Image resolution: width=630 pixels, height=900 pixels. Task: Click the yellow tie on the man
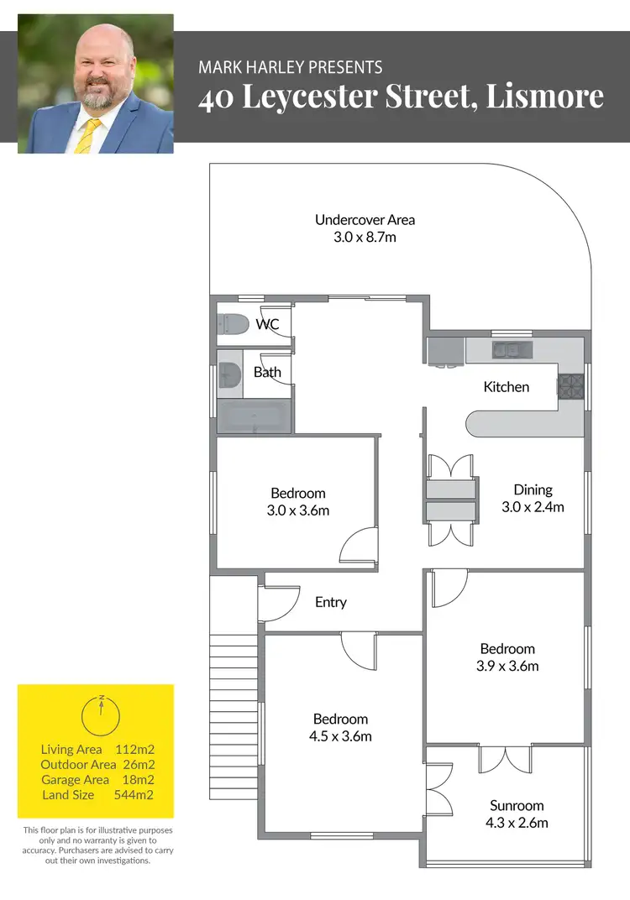(x=85, y=135)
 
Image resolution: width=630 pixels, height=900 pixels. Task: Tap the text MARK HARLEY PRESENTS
(x=290, y=67)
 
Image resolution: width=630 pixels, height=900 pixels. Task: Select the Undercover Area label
(x=365, y=220)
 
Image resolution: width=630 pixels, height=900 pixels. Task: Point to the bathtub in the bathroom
(x=255, y=416)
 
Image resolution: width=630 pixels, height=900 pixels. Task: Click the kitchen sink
(x=512, y=349)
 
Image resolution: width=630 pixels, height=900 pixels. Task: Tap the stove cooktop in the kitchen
(x=571, y=385)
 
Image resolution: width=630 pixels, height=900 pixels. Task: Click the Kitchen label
(x=507, y=387)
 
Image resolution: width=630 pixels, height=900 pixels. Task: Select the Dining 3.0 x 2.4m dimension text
(x=533, y=507)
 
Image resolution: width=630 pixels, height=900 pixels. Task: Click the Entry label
(x=331, y=602)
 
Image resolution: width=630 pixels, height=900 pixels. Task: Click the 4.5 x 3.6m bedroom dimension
(x=340, y=737)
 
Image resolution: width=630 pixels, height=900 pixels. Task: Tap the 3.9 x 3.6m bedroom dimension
(x=507, y=667)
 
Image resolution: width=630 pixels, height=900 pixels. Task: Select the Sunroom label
(x=517, y=805)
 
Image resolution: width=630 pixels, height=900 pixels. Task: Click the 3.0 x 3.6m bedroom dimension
(x=297, y=510)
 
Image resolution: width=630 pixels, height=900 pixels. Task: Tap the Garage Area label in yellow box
(x=75, y=780)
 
